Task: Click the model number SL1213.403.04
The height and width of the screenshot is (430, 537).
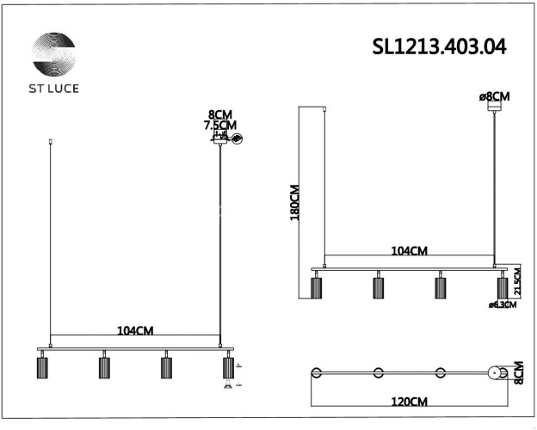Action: tap(439, 46)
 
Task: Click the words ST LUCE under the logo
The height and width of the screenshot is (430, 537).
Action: tap(53, 89)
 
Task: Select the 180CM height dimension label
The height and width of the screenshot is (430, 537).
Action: tap(294, 203)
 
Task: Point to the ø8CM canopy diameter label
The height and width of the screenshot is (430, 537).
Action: tap(494, 96)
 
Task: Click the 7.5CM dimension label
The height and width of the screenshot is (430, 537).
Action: tap(219, 126)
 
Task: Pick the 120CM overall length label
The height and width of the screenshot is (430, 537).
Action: tap(409, 402)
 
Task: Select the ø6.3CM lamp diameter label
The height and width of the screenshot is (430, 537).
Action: tap(502, 304)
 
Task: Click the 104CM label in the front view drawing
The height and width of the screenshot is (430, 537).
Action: tap(134, 330)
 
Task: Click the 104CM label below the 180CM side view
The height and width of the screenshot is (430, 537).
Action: tap(409, 251)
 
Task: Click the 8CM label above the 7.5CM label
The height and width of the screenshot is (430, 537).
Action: tap(220, 114)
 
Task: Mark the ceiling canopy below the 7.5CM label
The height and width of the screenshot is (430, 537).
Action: tap(221, 139)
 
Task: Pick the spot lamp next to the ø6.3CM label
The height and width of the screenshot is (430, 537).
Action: tap(502, 286)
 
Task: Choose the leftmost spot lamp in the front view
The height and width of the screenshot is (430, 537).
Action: tap(40, 367)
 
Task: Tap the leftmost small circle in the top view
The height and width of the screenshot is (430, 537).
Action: tap(316, 372)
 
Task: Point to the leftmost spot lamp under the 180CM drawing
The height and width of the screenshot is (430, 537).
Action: tap(316, 286)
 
